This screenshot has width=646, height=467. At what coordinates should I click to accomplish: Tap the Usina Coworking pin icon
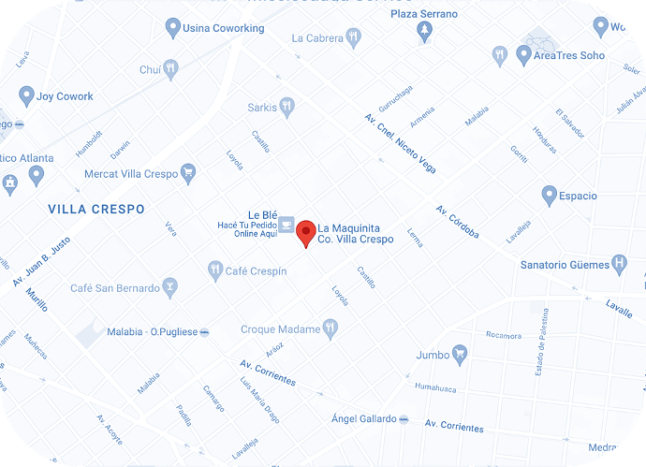(x=172, y=28)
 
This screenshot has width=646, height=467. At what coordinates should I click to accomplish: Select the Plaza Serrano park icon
(x=424, y=32)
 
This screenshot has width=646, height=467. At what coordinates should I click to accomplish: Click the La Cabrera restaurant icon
(x=352, y=38)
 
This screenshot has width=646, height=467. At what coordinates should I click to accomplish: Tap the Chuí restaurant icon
(x=170, y=69)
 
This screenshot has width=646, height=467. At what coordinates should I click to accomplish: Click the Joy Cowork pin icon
(x=26, y=95)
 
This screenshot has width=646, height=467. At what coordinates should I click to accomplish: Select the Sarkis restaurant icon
(x=286, y=108)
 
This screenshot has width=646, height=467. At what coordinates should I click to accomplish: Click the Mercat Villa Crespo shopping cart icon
(x=188, y=173)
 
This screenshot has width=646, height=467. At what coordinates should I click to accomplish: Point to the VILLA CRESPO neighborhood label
(x=96, y=210)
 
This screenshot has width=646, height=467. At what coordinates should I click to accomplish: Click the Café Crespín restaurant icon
(x=216, y=270)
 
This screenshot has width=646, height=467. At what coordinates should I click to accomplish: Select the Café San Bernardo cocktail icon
(x=169, y=285)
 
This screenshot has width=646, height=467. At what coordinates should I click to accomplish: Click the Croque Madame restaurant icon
(x=330, y=328)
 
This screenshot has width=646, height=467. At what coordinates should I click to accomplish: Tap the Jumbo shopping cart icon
(x=459, y=354)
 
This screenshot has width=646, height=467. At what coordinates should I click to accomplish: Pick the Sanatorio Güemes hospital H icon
(x=619, y=264)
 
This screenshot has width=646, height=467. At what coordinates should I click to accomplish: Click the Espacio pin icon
(x=550, y=196)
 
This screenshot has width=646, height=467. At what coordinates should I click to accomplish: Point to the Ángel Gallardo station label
(x=364, y=418)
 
